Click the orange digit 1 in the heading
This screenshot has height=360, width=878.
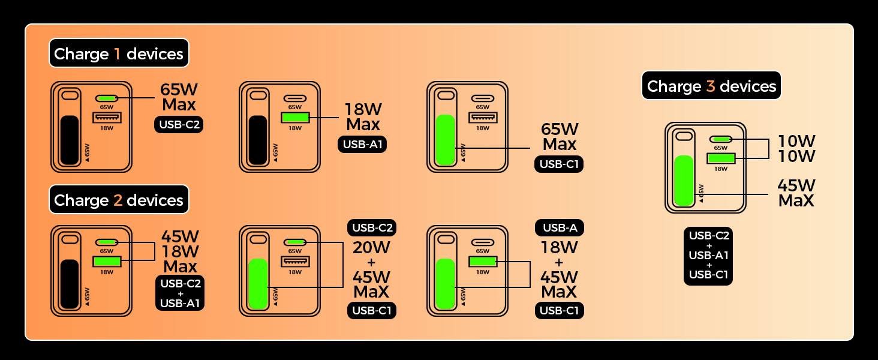coord(118,54)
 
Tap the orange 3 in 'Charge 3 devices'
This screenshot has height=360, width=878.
coord(711,86)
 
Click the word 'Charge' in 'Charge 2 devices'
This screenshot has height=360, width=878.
coord(81,200)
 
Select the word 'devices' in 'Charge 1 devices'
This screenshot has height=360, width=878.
coord(155,54)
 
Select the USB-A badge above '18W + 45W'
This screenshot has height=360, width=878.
coord(559,228)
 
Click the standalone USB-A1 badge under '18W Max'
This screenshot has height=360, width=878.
coord(362,144)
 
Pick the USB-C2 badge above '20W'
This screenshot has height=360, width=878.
coord(372,228)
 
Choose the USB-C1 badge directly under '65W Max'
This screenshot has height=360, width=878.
coord(559,164)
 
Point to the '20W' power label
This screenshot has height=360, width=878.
coord(372,247)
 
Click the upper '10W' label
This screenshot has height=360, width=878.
coord(796,141)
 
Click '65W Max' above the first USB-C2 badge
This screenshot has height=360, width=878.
coord(178,97)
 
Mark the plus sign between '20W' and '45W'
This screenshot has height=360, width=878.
coord(372,262)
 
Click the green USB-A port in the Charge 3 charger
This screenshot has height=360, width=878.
coord(721,158)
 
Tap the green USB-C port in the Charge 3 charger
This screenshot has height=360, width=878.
coord(721,139)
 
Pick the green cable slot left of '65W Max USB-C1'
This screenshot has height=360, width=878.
coord(446,139)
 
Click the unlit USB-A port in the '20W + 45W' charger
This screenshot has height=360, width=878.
coord(295,262)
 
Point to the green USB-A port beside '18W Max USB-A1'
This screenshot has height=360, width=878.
coord(295,118)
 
